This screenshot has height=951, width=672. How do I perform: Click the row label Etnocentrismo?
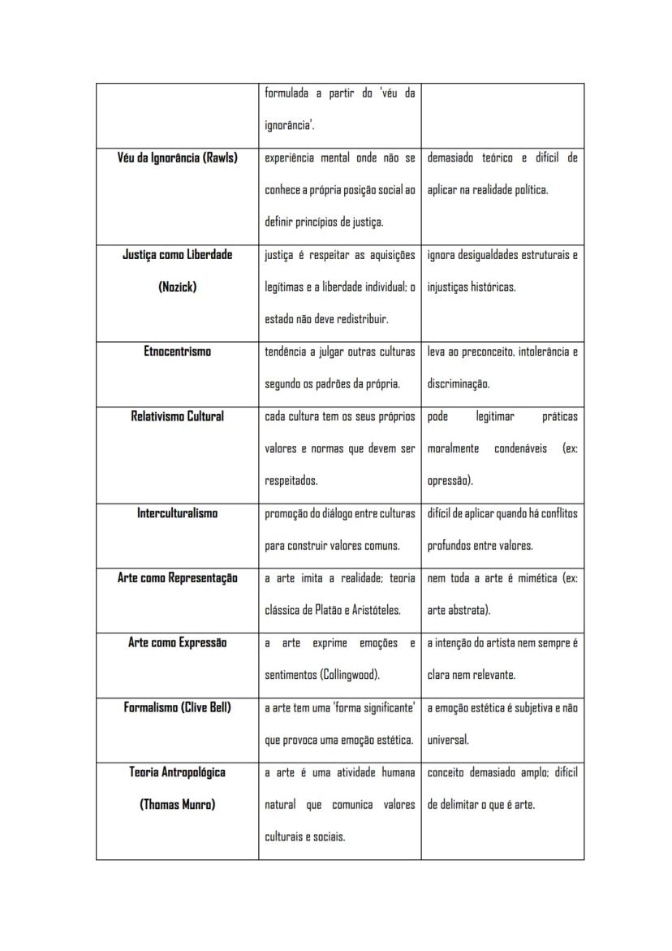coord(177,352)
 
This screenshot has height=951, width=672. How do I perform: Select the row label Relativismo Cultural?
coord(177,417)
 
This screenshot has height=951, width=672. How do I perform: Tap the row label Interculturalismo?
coord(177,513)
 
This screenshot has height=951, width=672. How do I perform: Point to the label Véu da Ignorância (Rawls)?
coord(177,158)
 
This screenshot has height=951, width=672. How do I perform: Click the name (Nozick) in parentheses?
coord(177,287)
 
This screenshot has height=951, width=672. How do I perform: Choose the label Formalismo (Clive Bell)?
coord(177,707)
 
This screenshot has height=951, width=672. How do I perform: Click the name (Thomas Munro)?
coord(177,805)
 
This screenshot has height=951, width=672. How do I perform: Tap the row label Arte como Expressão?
coord(177,642)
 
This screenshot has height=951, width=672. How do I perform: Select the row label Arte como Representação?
coord(177,578)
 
